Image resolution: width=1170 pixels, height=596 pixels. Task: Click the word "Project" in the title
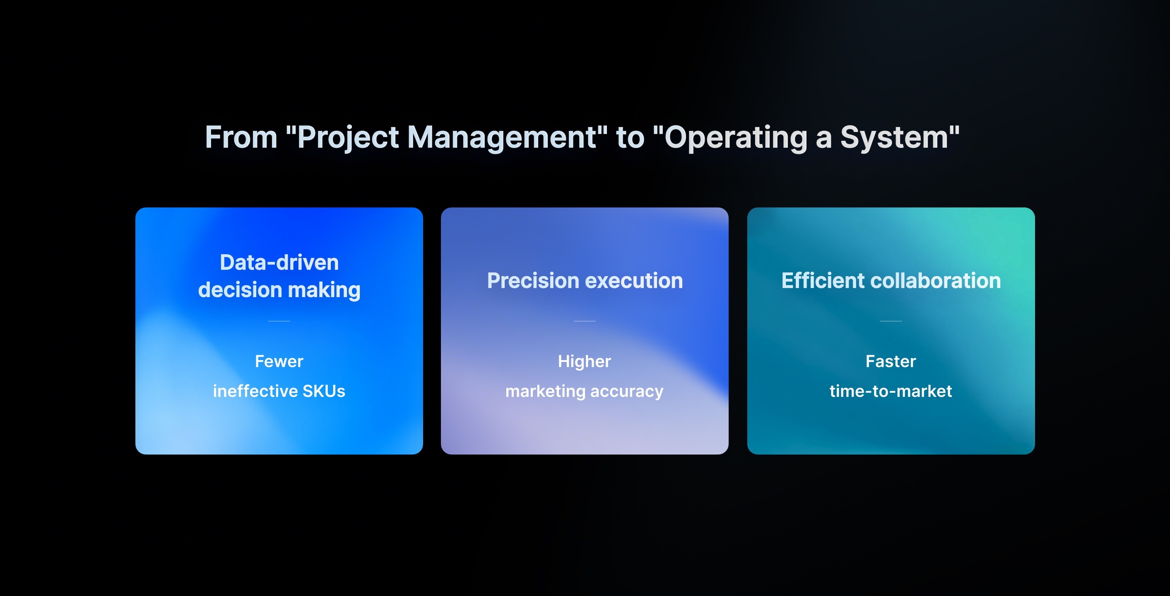348,137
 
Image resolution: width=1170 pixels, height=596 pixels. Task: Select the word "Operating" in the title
736,137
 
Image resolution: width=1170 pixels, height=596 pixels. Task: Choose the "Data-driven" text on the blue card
279,262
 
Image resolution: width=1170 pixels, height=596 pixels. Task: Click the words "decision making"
279,290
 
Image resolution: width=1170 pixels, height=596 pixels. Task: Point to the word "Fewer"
279,361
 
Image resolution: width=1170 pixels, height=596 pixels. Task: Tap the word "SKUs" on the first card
324,391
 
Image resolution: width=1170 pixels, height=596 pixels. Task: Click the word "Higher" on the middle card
585,362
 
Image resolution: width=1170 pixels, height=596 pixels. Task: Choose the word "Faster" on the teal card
891,361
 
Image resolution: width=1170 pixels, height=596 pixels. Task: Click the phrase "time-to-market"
891,391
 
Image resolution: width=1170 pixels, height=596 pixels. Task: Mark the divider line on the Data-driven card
279,321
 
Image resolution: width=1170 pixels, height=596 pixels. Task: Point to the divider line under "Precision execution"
585,321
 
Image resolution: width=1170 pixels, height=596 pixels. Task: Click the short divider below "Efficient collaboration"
891,321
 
